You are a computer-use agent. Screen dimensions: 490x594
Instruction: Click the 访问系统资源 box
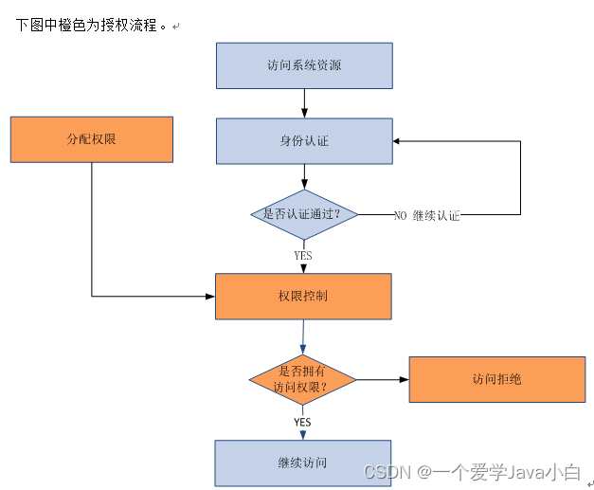(x=304, y=65)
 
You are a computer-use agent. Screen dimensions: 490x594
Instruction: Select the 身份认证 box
(x=304, y=141)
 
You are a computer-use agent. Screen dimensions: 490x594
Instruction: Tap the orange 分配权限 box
(x=92, y=139)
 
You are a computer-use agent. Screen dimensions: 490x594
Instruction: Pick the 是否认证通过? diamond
(x=304, y=214)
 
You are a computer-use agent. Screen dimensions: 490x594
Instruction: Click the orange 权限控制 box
(x=303, y=297)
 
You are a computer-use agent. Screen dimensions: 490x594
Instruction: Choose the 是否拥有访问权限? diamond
(x=302, y=380)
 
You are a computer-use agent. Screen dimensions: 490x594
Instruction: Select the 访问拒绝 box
(x=497, y=379)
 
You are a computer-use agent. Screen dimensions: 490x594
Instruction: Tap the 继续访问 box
(x=302, y=463)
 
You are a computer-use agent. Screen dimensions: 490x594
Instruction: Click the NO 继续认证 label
(x=426, y=215)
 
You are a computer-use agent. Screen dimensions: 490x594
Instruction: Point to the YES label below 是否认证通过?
(x=303, y=255)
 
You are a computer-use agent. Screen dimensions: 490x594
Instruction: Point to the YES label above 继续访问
(x=302, y=422)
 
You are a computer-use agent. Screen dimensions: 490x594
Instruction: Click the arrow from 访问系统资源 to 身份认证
(x=304, y=103)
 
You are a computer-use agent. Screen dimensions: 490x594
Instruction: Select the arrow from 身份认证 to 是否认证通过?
(x=304, y=177)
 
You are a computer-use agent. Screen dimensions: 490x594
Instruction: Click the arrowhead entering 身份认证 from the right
(x=398, y=141)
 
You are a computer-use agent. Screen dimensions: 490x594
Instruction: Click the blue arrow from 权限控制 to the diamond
(x=302, y=336)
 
